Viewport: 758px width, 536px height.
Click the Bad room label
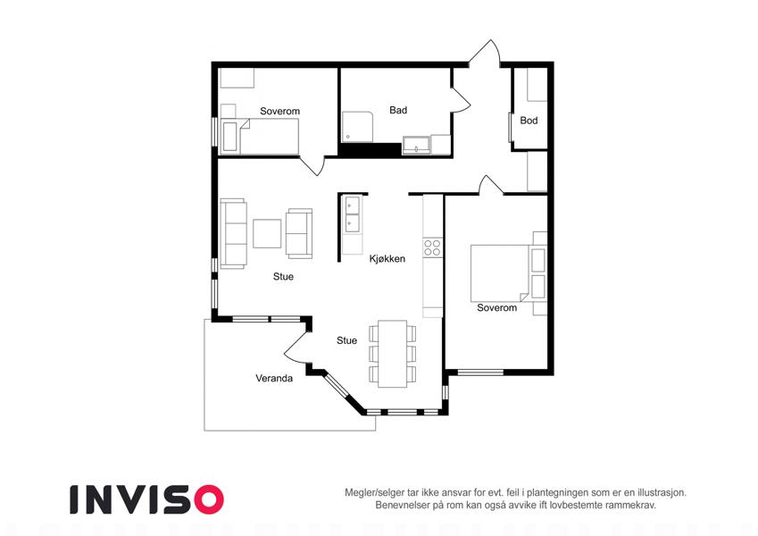(x=398, y=110)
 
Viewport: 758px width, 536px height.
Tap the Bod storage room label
(x=529, y=121)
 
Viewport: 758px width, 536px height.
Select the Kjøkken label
(x=387, y=259)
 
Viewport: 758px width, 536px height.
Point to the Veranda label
(x=274, y=378)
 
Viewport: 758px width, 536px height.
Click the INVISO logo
(x=146, y=499)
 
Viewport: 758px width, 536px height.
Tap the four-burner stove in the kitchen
(x=432, y=247)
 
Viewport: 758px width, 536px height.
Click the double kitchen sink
(x=353, y=214)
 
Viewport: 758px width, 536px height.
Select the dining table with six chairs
(x=393, y=354)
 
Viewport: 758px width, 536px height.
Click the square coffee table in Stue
(x=267, y=234)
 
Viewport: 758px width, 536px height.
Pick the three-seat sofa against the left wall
(x=234, y=233)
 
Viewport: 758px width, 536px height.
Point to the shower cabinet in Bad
(x=358, y=127)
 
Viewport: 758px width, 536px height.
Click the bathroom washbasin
(x=416, y=146)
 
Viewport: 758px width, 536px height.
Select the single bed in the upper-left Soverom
(x=260, y=136)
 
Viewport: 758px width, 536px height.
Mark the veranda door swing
(x=296, y=347)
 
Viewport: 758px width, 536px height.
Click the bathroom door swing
(x=461, y=100)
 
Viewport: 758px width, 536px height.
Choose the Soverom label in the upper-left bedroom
(x=280, y=112)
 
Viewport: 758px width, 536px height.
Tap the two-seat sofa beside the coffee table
(x=299, y=233)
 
